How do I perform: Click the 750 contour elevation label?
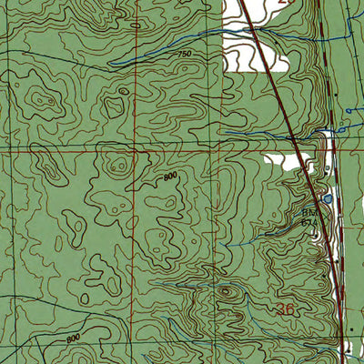pyautogui.click(x=185, y=56)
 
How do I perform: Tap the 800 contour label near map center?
pyautogui.click(x=171, y=177)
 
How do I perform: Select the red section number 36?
pyautogui.click(x=285, y=310)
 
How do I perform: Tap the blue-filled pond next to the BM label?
pyautogui.click(x=327, y=198)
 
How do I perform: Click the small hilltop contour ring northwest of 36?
pyautogui.click(x=226, y=291)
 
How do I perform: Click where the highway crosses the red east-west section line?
pyautogui.click(x=298, y=152)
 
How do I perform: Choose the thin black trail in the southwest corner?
pyautogui.click(x=36, y=350)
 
